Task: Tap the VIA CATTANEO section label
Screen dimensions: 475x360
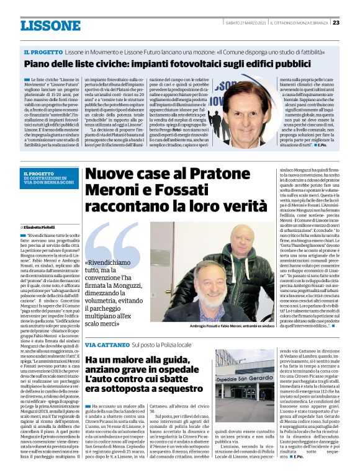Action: click(x=102, y=344)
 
